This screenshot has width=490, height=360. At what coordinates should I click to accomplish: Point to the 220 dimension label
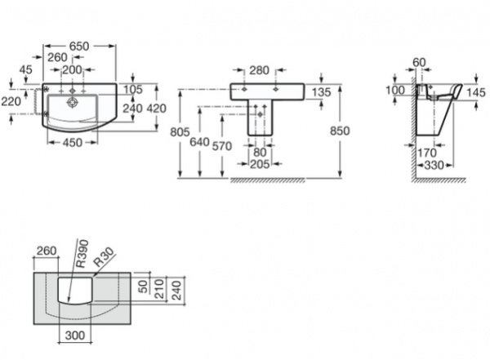(11, 102)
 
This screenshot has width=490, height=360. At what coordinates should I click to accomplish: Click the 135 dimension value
(322, 92)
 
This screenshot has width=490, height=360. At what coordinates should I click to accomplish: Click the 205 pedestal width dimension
(260, 162)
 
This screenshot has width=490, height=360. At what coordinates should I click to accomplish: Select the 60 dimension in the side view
(420, 62)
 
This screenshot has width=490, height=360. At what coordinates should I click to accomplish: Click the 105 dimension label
(134, 89)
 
